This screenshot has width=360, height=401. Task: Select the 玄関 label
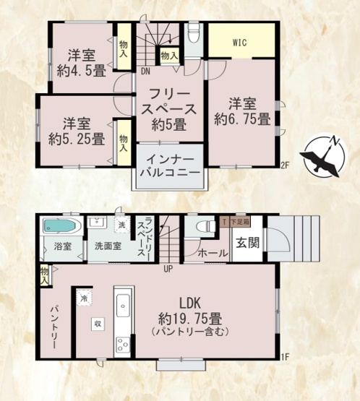244,243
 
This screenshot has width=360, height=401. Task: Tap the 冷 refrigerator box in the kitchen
85,298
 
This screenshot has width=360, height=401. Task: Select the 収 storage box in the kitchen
96,325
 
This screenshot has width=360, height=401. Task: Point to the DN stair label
145,71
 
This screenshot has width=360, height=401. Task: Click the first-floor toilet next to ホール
205,227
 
